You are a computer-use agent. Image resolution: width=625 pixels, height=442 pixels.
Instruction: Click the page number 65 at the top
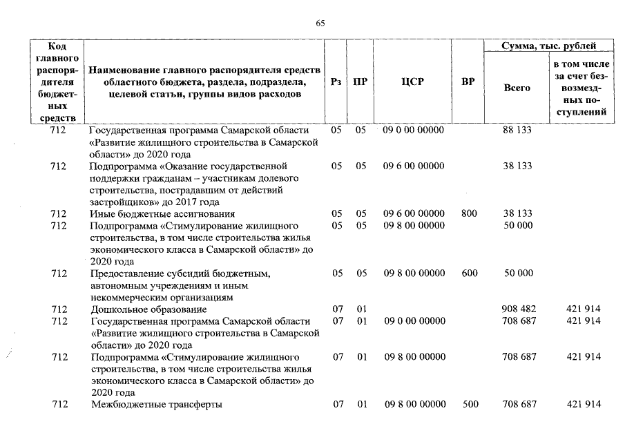pos(320,23)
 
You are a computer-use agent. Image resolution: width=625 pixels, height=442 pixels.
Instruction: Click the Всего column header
pos(517,88)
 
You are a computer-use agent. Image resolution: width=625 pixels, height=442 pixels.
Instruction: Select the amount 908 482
pos(519,309)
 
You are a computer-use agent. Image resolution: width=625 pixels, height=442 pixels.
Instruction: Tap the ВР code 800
pos(469,213)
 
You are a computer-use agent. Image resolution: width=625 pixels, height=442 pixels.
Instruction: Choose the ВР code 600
pos(469,273)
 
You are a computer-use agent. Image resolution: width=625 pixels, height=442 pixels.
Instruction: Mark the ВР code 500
pos(470,404)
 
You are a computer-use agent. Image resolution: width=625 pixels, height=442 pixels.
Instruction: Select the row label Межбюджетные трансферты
pos(157,404)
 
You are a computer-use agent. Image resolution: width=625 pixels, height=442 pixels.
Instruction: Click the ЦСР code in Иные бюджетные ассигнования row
pos(414,213)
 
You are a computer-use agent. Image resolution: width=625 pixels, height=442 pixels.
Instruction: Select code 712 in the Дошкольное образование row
pos(59,309)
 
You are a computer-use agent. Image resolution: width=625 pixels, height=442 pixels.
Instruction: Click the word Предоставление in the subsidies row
pos(126,273)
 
